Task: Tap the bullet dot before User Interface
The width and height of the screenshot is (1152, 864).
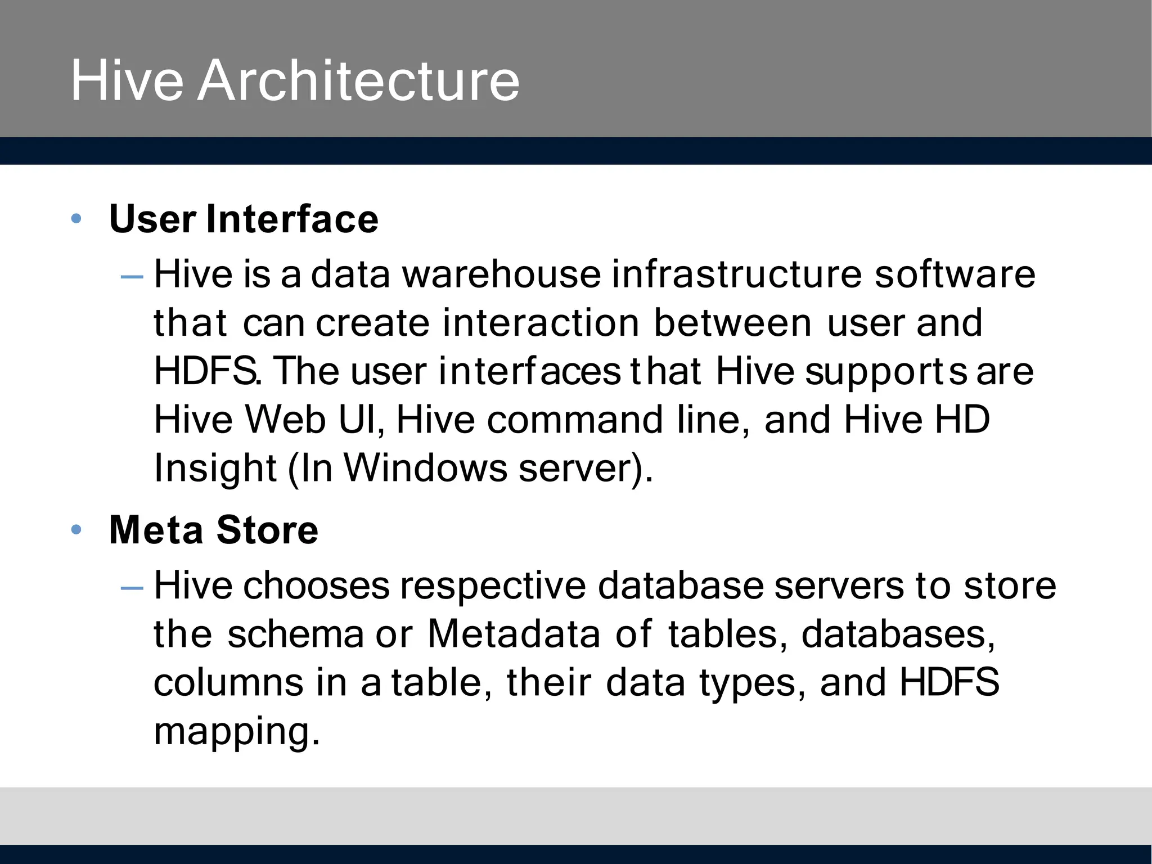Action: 76,218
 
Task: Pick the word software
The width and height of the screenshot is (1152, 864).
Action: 955,274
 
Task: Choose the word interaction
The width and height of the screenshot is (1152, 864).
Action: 541,323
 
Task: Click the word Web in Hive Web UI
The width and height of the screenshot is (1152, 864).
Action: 285,420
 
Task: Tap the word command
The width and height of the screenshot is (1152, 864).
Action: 574,420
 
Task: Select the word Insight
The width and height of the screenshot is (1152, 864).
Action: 215,469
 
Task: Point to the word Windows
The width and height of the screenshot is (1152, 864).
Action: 425,468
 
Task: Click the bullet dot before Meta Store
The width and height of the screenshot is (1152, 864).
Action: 76,530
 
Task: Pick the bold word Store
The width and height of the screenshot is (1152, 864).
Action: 267,530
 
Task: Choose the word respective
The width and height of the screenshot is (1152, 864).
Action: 493,586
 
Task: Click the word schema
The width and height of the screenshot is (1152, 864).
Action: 296,634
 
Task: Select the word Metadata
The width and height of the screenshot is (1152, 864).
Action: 514,634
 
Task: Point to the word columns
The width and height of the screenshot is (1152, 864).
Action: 228,682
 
